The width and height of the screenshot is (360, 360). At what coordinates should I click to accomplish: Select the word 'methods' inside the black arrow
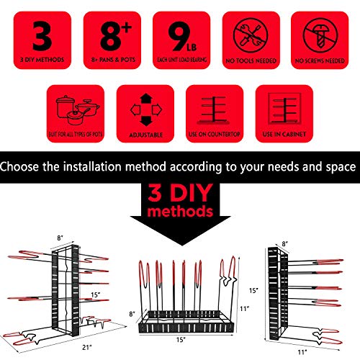(x=180, y=214)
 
